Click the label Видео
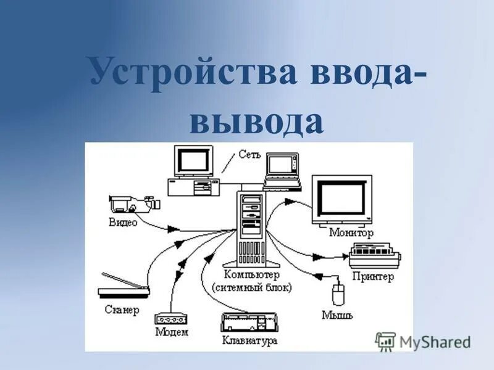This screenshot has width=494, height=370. (x=124, y=222)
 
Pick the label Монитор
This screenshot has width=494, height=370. (x=352, y=233)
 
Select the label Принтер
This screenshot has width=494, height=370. (x=372, y=277)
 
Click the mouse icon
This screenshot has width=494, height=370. (x=337, y=295)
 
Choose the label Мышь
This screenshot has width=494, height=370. (x=337, y=315)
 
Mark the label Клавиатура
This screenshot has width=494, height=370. (x=249, y=340)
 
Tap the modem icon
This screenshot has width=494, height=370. (x=170, y=318)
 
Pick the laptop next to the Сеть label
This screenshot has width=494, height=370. (x=282, y=170)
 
